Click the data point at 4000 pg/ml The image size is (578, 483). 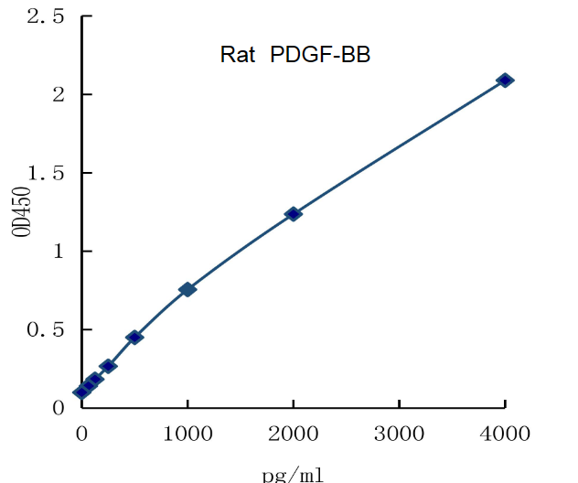[x=505, y=80]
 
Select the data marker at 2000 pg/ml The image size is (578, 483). [x=294, y=214]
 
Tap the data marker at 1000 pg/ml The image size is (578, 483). [x=187, y=289]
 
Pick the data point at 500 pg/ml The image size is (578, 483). [x=134, y=338]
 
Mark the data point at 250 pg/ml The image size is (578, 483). [x=108, y=366]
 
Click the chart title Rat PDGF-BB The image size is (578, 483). [x=294, y=55]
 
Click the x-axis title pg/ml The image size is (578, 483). [x=293, y=474]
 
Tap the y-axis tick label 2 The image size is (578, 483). [x=59, y=94]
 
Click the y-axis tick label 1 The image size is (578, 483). [x=59, y=251]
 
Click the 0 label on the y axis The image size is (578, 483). [x=59, y=407]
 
